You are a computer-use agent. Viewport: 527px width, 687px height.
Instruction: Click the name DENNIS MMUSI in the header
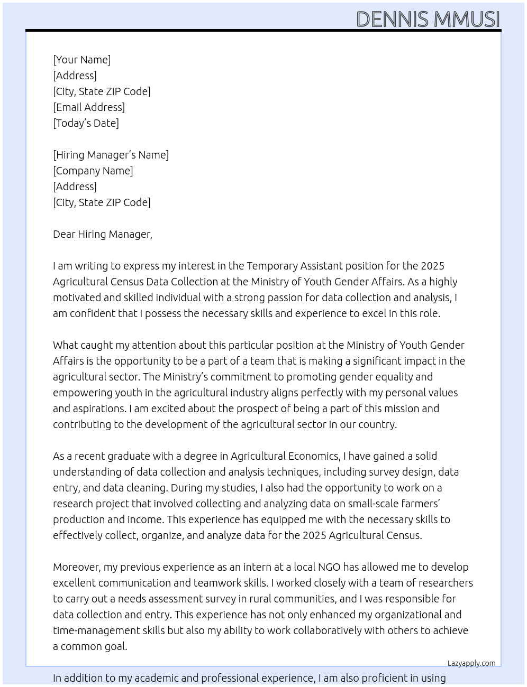click(428, 19)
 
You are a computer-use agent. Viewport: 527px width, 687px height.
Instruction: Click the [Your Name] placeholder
click(81, 60)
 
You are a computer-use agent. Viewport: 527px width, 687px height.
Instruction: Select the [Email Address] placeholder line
click(89, 107)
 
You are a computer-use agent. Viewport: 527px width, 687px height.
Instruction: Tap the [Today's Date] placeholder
click(86, 123)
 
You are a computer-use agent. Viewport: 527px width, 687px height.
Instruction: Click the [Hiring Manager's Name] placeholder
click(111, 155)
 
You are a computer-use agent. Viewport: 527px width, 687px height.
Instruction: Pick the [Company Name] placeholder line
click(93, 171)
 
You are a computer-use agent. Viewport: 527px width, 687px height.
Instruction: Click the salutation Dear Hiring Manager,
click(102, 234)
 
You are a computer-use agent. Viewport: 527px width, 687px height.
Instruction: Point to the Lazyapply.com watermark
click(471, 663)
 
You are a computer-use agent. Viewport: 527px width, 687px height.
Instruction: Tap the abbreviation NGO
click(329, 567)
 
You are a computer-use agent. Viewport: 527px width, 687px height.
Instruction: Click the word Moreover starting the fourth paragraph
click(76, 567)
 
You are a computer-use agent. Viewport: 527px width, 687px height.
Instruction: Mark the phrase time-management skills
click(108, 630)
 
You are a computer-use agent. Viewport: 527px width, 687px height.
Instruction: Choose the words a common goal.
click(90, 646)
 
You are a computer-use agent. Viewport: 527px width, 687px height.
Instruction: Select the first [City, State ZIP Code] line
click(102, 91)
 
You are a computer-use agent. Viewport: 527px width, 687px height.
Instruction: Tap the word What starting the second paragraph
click(65, 345)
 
